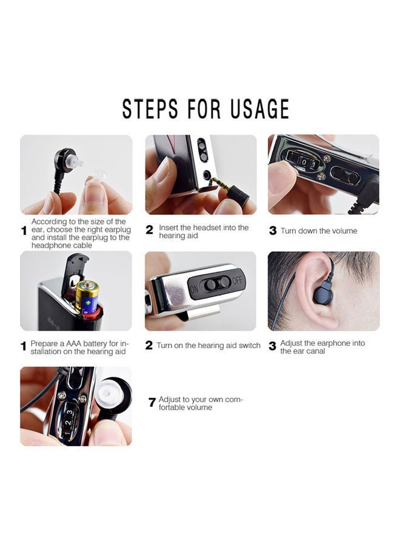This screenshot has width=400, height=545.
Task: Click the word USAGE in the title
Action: tap(259, 109)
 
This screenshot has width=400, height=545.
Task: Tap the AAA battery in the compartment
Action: tap(87, 297)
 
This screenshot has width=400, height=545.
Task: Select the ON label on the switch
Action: tap(195, 289)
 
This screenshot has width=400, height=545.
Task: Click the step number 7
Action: tap(152, 403)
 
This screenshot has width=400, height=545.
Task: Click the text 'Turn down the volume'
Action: tap(319, 231)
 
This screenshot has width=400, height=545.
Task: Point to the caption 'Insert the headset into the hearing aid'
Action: tap(204, 231)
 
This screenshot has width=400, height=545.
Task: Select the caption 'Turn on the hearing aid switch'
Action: tap(208, 346)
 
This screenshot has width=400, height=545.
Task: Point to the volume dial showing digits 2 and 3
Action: tap(68, 418)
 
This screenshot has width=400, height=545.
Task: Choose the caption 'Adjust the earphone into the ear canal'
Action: tap(322, 347)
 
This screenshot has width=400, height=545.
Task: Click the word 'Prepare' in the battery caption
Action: tap(44, 343)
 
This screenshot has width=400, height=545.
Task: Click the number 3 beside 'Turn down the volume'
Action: tap(273, 231)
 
